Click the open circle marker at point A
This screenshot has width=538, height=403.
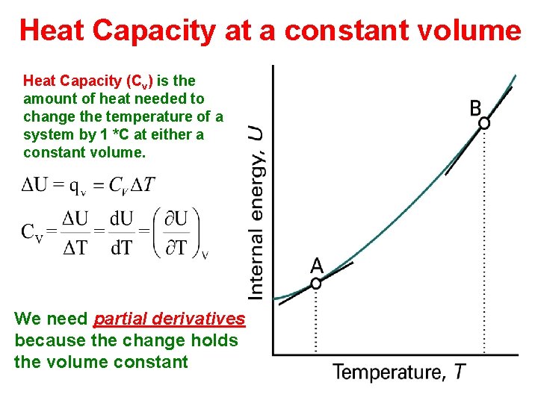[316, 284]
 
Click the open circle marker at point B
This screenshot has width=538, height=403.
[484, 123]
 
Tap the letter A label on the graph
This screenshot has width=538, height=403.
[317, 266]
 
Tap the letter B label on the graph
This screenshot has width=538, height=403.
[476, 108]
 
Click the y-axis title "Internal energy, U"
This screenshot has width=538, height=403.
[256, 213]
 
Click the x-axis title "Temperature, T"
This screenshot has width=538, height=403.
[399, 372]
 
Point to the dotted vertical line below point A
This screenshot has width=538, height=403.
[316, 321]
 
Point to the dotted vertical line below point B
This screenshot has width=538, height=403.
[484, 239]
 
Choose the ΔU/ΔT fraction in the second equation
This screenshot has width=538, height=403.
[74, 232]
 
